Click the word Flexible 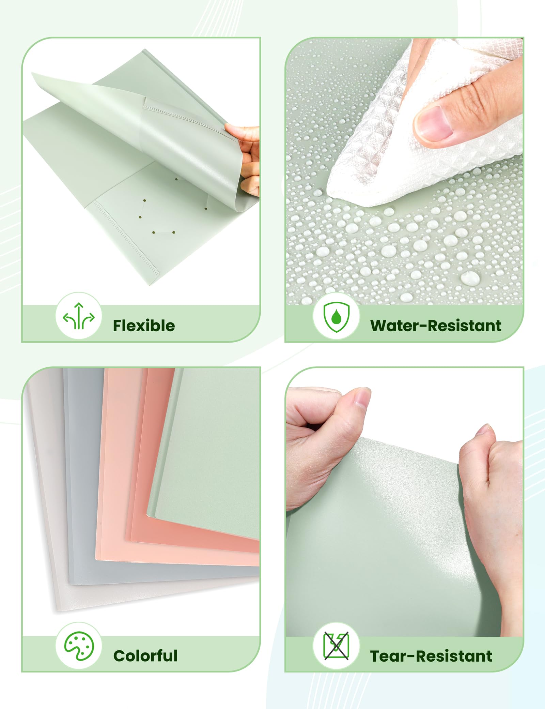144,326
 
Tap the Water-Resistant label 436,326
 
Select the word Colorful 145,655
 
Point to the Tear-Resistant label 431,656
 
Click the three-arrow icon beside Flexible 79,316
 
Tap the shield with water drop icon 336,317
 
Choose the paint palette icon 79,646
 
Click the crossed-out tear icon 336,646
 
